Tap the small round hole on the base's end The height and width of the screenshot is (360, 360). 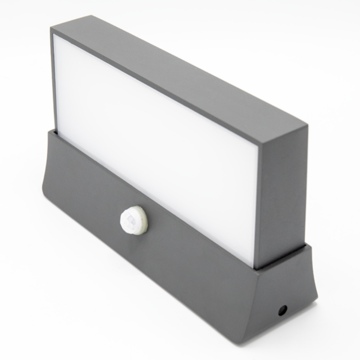click(x=282, y=310)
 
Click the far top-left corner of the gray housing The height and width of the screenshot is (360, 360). click(x=51, y=27)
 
